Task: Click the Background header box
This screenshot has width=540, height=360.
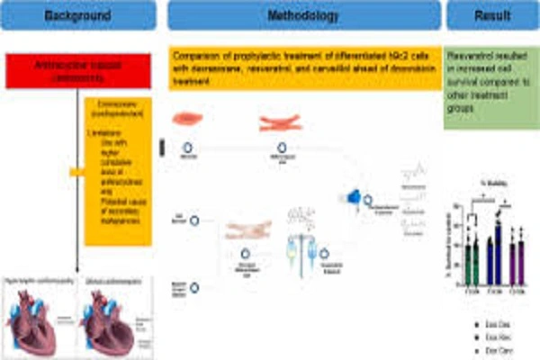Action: click(78, 17)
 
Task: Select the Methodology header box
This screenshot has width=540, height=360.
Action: click(304, 17)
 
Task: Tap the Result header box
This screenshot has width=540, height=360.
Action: click(491, 17)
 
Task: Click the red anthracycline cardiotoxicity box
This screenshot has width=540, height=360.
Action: click(78, 70)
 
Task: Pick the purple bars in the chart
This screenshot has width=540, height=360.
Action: click(517, 256)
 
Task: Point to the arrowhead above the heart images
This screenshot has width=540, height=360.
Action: click(79, 266)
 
